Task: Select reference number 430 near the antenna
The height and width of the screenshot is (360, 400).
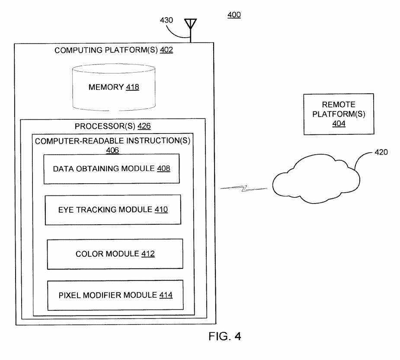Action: [167, 20]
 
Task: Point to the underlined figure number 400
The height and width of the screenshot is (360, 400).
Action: [234, 15]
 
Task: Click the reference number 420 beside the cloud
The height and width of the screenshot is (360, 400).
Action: [381, 152]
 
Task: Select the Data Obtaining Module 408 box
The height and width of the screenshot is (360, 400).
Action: [112, 169]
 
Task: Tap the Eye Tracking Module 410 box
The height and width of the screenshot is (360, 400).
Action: [113, 210]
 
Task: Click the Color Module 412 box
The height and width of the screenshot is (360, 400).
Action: [115, 254]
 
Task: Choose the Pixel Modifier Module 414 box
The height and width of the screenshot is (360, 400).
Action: [115, 295]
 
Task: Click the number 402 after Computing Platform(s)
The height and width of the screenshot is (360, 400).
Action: [166, 50]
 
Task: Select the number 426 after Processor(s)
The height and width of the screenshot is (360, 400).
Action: [144, 126]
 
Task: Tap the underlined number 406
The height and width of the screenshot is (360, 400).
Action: [112, 150]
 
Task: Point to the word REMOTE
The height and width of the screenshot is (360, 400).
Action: [339, 105]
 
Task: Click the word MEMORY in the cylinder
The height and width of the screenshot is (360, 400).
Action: [106, 87]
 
